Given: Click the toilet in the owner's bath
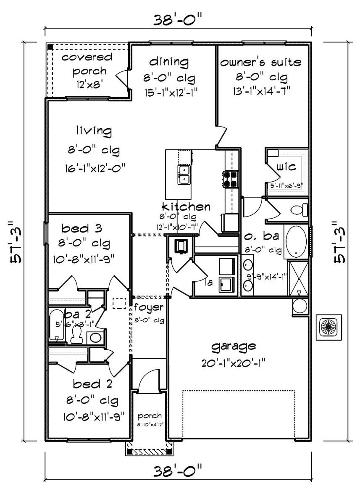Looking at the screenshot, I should click(x=300, y=209).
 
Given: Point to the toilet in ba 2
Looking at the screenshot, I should click(x=76, y=334).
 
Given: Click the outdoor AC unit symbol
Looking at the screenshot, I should click(x=328, y=327).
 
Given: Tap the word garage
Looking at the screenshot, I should click(x=234, y=346).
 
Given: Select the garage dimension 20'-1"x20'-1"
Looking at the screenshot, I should click(x=234, y=361).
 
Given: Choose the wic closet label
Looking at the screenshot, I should click(x=286, y=167).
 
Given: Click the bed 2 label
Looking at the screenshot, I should click(x=87, y=384).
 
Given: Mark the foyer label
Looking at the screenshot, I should click(x=149, y=307).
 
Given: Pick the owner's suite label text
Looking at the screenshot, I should click(x=261, y=63).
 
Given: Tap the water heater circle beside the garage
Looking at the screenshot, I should click(x=300, y=306).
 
